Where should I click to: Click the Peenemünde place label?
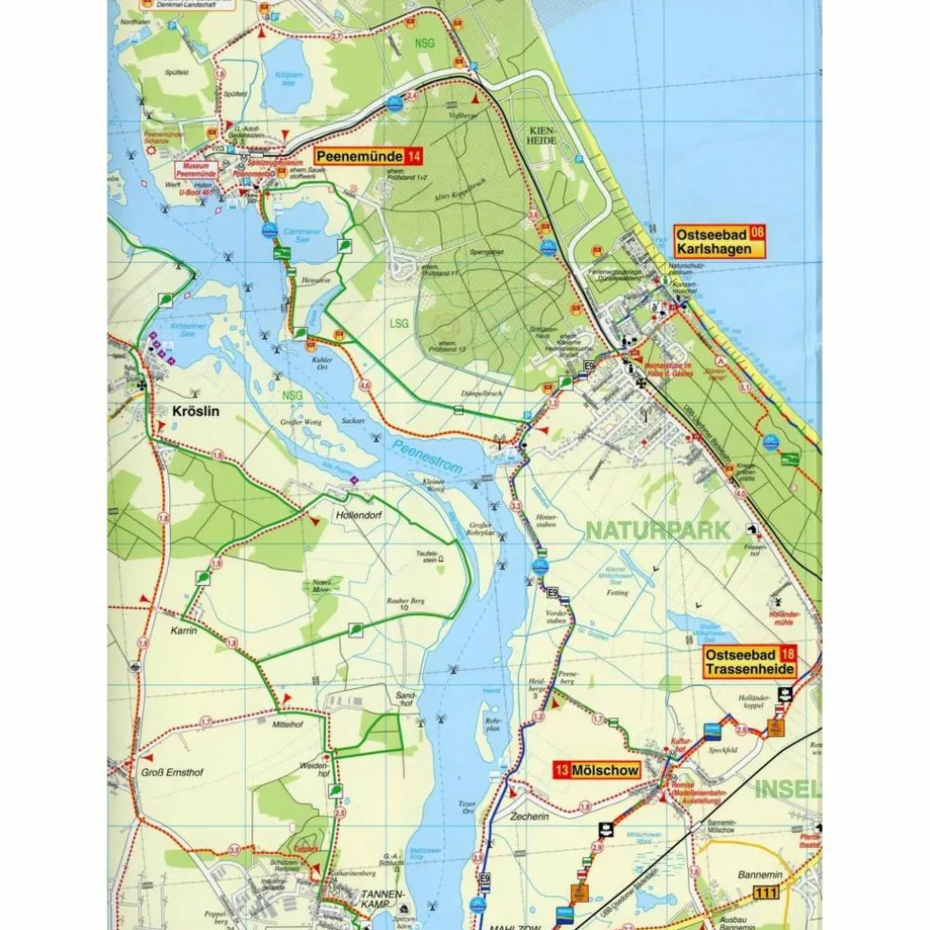point(357,156)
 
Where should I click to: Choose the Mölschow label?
point(605,770)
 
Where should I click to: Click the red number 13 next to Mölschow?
point(561,770)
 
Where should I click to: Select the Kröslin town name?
point(197,411)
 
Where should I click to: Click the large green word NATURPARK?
point(658,530)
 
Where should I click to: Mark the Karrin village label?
point(183,630)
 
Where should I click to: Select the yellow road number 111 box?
point(766,893)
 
